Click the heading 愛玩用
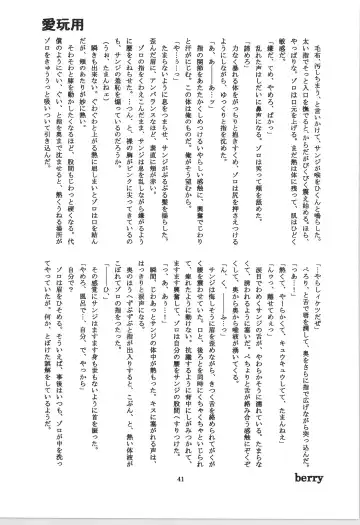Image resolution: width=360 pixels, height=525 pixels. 35,23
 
